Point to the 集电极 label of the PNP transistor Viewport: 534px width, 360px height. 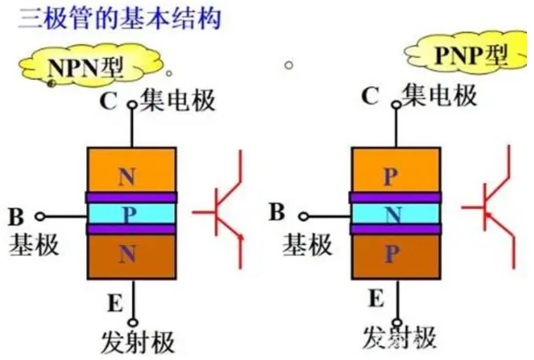tap(439, 96)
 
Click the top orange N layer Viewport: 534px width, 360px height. tap(132, 170)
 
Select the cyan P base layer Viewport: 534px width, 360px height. tap(132, 213)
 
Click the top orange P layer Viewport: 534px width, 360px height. tap(396, 170)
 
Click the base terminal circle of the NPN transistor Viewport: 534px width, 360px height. tap(40, 216)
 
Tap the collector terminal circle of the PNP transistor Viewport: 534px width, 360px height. tap(396, 105)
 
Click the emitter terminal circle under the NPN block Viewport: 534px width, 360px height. tap(133, 322)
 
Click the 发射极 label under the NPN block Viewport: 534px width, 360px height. tap(138, 342)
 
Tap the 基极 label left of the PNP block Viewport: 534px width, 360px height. tap(307, 244)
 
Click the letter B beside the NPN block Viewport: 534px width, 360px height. tap(16, 217)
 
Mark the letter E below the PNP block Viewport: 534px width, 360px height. tap(376, 298)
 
